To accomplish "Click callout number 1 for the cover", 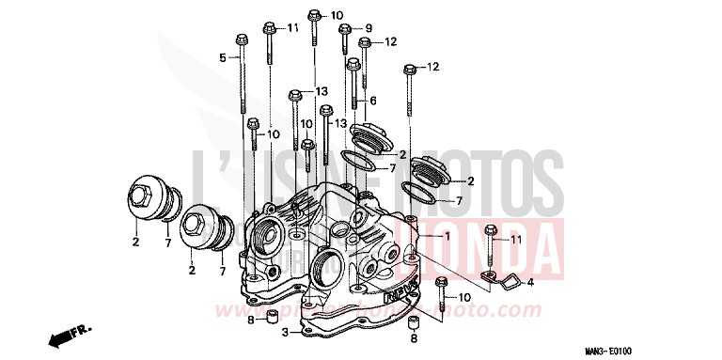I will [x=447, y=238].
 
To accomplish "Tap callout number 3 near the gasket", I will [x=285, y=332].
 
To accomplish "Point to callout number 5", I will [x=223, y=58].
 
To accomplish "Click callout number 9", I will [x=369, y=27].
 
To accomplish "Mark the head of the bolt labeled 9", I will [x=345, y=29].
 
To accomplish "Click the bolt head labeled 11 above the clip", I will [x=490, y=228].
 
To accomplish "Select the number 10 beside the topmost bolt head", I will [x=337, y=15].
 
